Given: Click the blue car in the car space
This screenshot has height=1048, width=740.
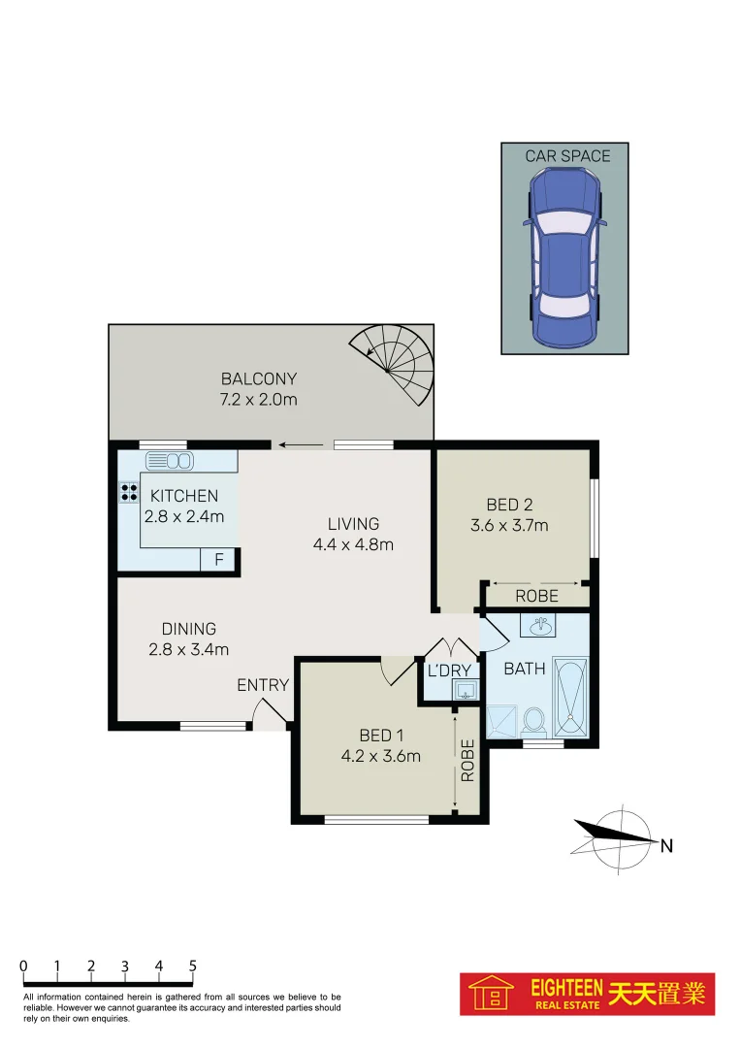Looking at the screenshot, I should (563, 258).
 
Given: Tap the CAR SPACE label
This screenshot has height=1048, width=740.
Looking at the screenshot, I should (567, 155).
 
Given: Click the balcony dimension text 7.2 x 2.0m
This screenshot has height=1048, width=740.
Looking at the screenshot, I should (258, 399).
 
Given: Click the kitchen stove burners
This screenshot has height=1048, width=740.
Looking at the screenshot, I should (129, 492).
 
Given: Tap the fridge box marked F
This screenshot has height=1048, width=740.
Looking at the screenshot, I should (218, 560).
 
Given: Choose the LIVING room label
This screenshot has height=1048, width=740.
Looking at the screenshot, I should (353, 524).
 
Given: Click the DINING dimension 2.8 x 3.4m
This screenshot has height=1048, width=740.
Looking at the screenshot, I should (189, 649).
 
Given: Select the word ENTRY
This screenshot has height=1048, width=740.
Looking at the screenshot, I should (263, 685).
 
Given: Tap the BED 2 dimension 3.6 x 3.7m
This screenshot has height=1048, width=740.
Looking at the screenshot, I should (509, 526).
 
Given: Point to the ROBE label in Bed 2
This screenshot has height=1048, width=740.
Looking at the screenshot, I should (536, 596).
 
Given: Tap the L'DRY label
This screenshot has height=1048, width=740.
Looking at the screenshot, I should (449, 671).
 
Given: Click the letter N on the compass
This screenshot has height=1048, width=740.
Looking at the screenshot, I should (666, 845).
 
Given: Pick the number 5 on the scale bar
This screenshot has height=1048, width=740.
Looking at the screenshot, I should (193, 966).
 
